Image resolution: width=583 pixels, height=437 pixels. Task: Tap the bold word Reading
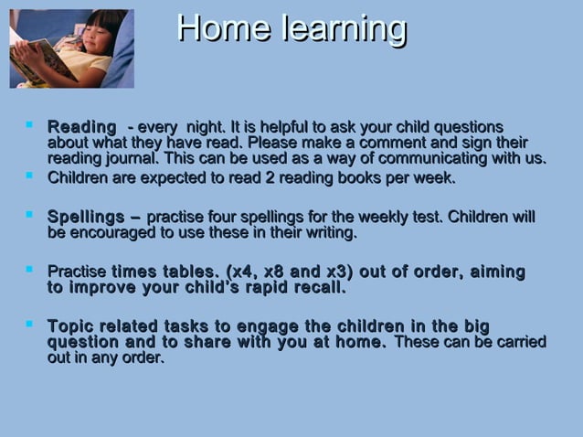(81, 126)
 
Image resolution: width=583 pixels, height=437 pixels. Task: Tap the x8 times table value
(277, 272)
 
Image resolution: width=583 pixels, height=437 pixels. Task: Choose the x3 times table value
(339, 272)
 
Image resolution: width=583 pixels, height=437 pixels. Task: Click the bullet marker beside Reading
(31, 123)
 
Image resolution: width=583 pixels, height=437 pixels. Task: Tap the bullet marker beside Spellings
(31, 215)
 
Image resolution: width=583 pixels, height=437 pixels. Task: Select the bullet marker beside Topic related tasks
(31, 324)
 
